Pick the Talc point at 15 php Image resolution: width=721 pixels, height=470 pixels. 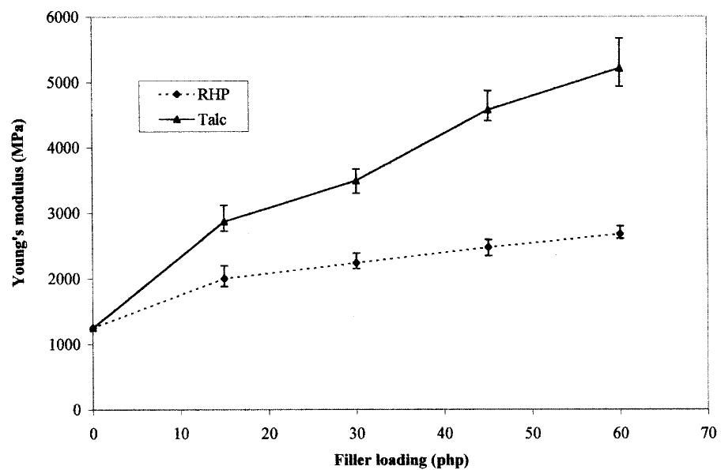point(225,222)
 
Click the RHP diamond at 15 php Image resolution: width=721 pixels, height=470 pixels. point(225,279)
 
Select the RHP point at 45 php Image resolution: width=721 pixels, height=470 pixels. point(488,247)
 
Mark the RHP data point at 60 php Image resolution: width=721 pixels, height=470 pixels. point(620,234)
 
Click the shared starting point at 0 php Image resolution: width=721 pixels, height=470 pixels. point(93,328)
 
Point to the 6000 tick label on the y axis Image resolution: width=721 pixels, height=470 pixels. point(70,17)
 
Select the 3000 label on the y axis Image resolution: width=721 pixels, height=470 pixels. point(70,214)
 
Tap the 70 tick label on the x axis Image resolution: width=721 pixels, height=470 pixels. point(708,431)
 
